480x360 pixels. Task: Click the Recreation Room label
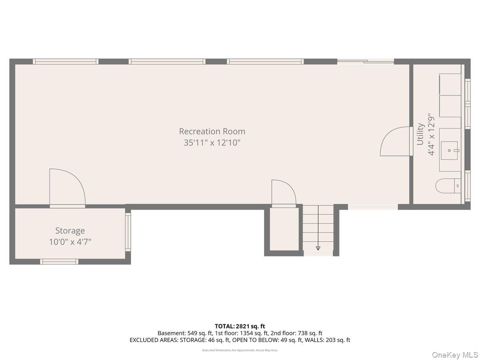tap(212, 131)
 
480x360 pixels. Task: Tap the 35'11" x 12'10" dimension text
tap(212, 143)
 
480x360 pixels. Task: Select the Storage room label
tap(70, 231)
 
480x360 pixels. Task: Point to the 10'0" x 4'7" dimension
tap(70, 242)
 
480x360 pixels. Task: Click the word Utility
tap(420, 134)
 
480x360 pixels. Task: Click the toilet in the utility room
tap(448, 186)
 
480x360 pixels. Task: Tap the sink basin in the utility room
tap(449, 150)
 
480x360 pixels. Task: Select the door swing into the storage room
tap(67, 188)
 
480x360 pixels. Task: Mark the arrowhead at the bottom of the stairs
tap(318, 248)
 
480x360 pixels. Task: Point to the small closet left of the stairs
tap(284, 229)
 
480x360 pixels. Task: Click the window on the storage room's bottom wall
tap(59, 262)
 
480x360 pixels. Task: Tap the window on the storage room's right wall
tap(128, 232)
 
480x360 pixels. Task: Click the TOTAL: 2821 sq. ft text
tap(240, 326)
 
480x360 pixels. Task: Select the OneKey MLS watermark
tap(455, 354)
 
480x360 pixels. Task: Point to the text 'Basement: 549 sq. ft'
tap(185, 333)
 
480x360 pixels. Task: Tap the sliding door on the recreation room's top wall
tap(366, 62)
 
